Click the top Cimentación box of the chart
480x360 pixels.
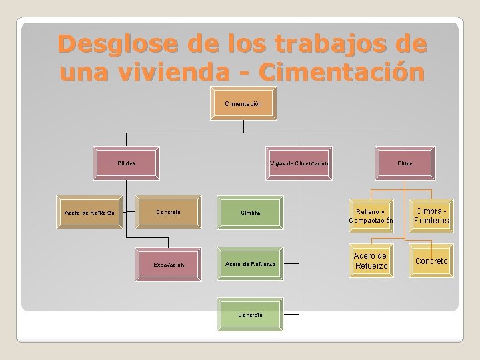pyautogui.click(x=243, y=104)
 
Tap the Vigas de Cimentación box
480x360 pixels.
pyautogui.click(x=299, y=163)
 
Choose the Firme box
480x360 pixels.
pyautogui.click(x=405, y=163)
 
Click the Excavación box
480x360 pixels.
pyautogui.click(x=168, y=265)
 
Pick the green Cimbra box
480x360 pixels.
pyautogui.click(x=251, y=213)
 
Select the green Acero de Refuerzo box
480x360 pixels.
pyautogui.click(x=251, y=264)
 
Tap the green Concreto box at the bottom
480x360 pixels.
pyautogui.click(x=251, y=314)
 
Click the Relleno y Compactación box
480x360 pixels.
pyautogui.click(x=371, y=216)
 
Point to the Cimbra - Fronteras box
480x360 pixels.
pyautogui.click(x=431, y=216)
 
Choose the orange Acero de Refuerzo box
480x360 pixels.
pyautogui.click(x=371, y=261)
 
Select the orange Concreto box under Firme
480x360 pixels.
pyautogui.click(x=431, y=261)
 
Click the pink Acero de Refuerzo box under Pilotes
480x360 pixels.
pyautogui.click(x=90, y=213)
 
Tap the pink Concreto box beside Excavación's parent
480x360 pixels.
pyautogui.click(x=168, y=212)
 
